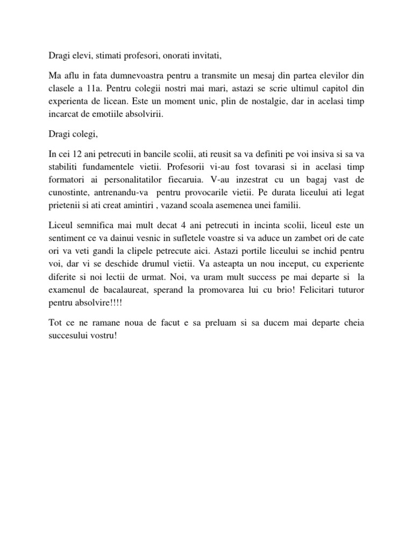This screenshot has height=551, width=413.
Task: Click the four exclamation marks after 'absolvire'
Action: [115, 305]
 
